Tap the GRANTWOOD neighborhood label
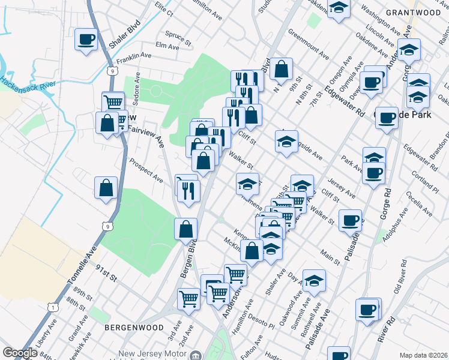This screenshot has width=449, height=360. pyautogui.click(x=413, y=12)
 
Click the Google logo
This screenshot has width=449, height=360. pyautogui.click(x=20, y=353)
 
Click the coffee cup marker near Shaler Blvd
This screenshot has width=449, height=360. pyautogui.click(x=86, y=40)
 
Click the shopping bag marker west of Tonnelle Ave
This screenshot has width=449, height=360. pyautogui.click(x=106, y=188)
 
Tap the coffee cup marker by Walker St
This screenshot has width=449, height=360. pyautogui.click(x=350, y=220)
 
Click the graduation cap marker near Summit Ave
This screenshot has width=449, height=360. pyautogui.click(x=314, y=281)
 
